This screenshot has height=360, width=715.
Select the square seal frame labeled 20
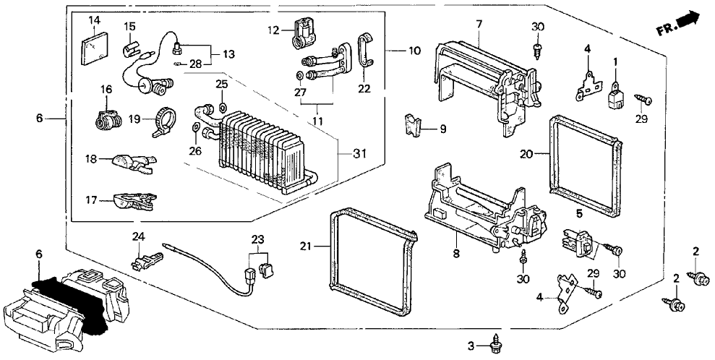pyautogui.click(x=585, y=166)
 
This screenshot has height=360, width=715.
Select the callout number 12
pyautogui.click(x=273, y=30)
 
